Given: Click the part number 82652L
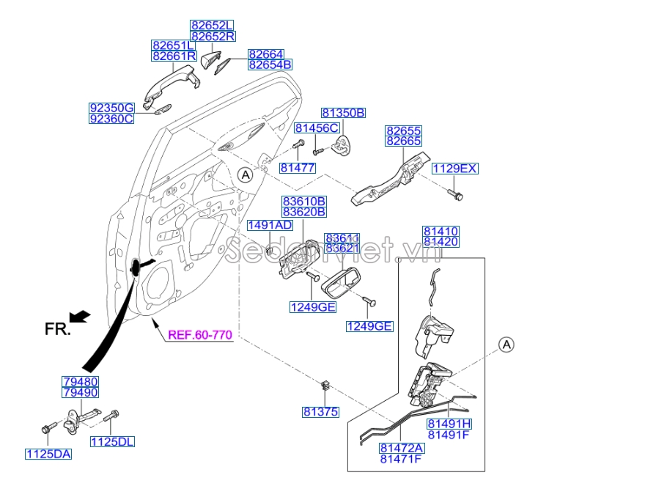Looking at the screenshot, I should click(x=213, y=25).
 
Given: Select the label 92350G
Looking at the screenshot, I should click(x=111, y=108).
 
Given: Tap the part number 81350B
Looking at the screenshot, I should click(x=343, y=113).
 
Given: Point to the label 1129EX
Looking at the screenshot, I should click(x=454, y=169).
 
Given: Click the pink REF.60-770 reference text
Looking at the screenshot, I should click(x=200, y=335).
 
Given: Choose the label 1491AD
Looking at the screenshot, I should click(x=269, y=225).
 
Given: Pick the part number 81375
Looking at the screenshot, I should click(x=320, y=412).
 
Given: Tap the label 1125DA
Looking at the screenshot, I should click(x=48, y=454).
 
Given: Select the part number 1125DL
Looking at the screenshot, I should click(x=113, y=441).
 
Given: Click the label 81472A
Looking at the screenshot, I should click(x=402, y=448).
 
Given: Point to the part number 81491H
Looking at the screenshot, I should click(x=449, y=424).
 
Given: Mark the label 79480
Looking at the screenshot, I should click(x=81, y=382).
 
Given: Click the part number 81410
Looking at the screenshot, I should click(x=441, y=232).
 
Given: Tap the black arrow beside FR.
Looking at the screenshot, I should click(x=81, y=316).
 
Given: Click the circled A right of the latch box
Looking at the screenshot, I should click(x=506, y=345).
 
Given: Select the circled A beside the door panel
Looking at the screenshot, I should click(x=246, y=174).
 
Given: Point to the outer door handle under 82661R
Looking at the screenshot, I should click(x=169, y=81).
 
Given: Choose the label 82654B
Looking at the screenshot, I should click(x=270, y=65).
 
